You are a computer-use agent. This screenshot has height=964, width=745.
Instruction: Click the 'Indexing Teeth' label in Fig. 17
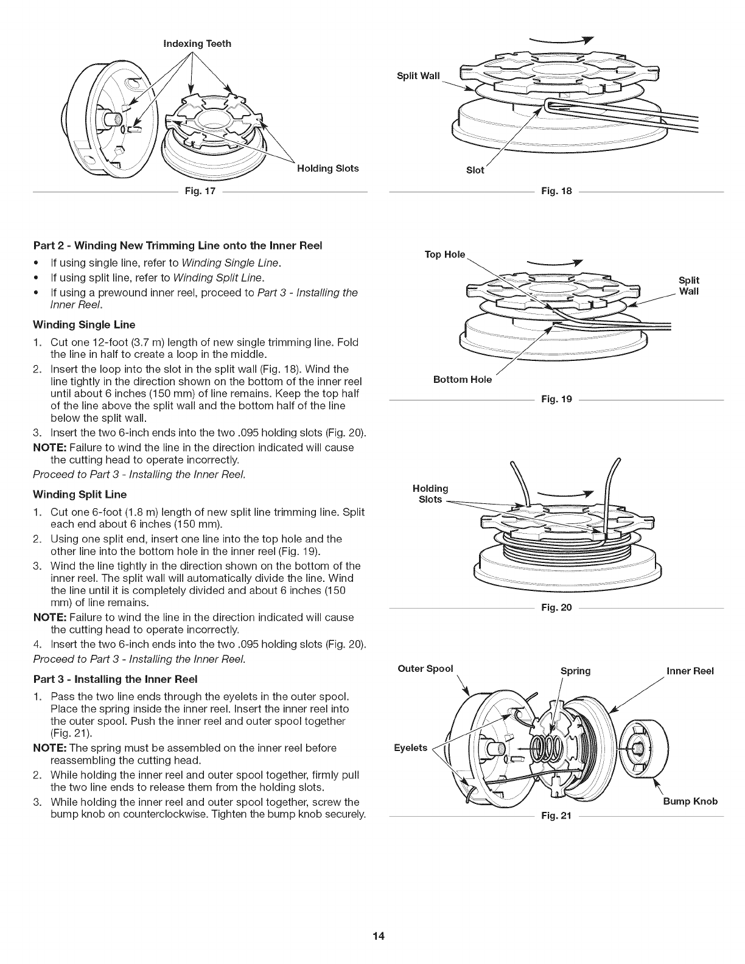[x=197, y=44]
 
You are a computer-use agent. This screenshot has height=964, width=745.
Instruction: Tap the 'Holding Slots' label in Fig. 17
[x=327, y=168]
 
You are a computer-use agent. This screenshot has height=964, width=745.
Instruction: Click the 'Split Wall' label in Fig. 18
[x=418, y=75]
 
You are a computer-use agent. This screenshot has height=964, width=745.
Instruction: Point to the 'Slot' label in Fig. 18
[x=475, y=170]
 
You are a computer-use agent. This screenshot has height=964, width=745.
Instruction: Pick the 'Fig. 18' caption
[x=557, y=192]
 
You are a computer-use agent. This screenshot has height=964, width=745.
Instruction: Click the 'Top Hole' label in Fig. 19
[x=445, y=254]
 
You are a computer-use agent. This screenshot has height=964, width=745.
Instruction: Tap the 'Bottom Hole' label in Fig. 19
[x=462, y=380]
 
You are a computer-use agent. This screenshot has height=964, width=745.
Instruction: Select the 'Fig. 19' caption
[x=557, y=400]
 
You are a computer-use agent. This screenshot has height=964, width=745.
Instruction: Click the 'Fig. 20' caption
[x=557, y=608]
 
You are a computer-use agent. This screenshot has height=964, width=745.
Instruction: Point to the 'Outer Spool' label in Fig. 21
[x=425, y=668]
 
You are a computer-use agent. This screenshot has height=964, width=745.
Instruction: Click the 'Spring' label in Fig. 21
[x=575, y=671]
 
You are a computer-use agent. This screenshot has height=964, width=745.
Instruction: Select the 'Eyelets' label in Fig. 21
[x=411, y=747]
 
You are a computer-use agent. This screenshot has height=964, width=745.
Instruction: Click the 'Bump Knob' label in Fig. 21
[x=690, y=801]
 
